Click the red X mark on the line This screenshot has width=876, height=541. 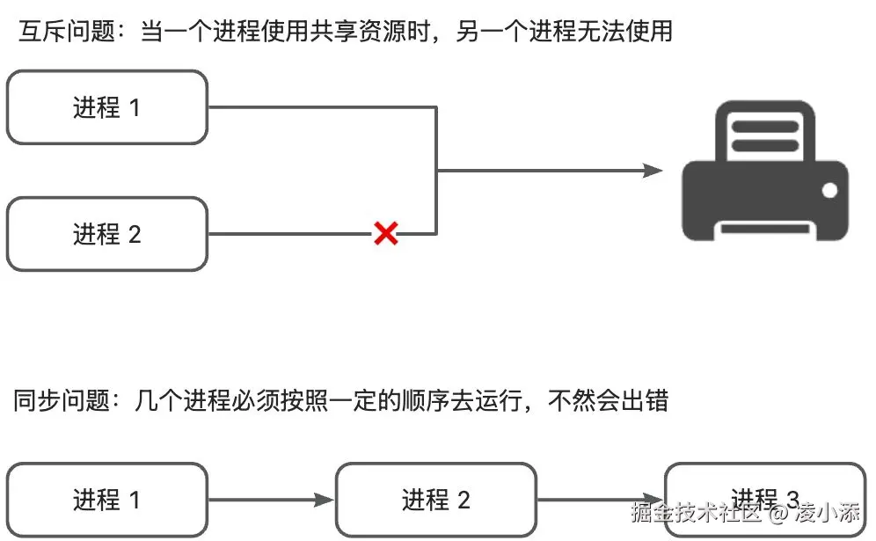click(385, 233)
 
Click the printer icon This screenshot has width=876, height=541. click(764, 171)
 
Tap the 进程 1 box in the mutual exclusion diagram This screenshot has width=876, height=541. click(106, 107)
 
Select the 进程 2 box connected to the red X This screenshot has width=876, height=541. click(106, 234)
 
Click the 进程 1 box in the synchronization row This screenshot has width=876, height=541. click(106, 501)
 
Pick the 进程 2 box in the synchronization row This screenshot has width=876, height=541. click(435, 501)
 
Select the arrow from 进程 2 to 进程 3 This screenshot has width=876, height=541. click(600, 501)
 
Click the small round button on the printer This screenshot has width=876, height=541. click(829, 189)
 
